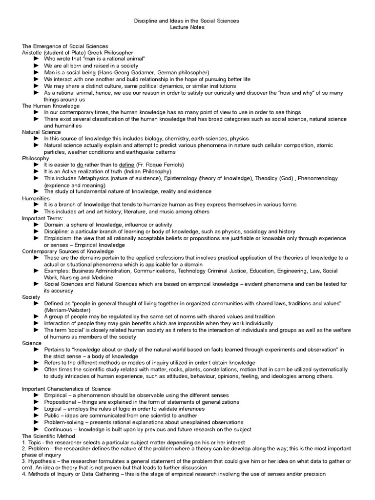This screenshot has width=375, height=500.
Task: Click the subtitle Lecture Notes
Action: click(187, 27)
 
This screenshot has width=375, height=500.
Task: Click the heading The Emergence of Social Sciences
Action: click(65, 46)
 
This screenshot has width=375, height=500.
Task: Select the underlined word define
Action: click(127, 165)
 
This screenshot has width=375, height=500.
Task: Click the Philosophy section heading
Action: click(36, 158)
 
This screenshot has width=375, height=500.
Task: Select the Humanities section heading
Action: click(36, 198)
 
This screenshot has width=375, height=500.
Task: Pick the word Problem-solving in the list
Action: click(64, 422)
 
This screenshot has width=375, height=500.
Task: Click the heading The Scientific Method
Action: click(48, 436)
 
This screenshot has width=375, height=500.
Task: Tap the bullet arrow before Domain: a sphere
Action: click(37, 225)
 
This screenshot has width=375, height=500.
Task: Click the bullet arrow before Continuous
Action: click(37, 429)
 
